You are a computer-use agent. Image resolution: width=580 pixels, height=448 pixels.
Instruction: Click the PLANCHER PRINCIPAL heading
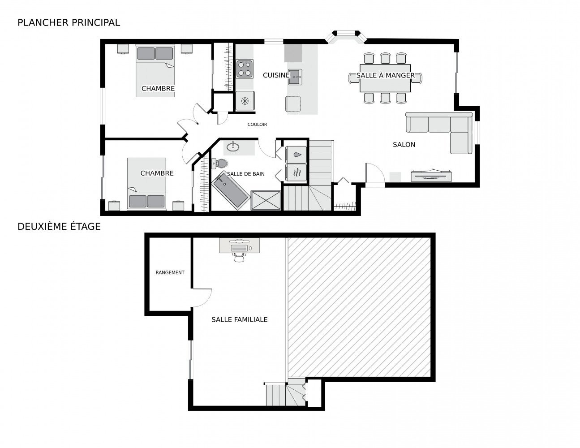click(69, 23)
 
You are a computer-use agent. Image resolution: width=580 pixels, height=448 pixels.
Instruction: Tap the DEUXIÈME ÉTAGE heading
click(59, 226)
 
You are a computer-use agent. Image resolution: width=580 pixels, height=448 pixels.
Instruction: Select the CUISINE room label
click(276, 75)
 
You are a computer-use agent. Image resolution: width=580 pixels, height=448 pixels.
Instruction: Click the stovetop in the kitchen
click(245, 69)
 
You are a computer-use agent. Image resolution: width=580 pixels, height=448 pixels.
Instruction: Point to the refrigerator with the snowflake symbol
click(245, 101)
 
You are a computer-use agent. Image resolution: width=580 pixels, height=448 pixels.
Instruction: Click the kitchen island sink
click(295, 77)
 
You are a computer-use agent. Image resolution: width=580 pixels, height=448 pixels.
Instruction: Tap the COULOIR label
click(257, 125)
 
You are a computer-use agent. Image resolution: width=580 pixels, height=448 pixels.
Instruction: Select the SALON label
click(404, 145)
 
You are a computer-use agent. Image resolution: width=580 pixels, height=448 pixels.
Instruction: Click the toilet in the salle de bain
click(219, 163)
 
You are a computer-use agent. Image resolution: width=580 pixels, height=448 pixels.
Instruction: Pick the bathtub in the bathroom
click(231, 190)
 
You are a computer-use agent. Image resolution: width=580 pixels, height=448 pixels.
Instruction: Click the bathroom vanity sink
click(233, 146)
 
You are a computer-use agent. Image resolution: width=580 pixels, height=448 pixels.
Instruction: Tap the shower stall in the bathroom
click(266, 200)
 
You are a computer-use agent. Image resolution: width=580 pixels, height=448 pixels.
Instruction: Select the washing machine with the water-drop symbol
click(296, 155)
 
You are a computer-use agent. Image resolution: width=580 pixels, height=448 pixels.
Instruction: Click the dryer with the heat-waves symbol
click(296, 173)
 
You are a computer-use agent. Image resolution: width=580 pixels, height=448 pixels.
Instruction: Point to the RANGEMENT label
click(170, 272)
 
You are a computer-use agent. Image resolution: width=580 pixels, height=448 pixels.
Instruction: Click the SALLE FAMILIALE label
click(240, 319)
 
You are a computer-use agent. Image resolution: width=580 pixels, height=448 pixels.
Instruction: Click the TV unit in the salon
click(431, 176)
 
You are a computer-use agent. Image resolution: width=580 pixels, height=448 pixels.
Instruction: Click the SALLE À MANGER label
click(386, 76)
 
